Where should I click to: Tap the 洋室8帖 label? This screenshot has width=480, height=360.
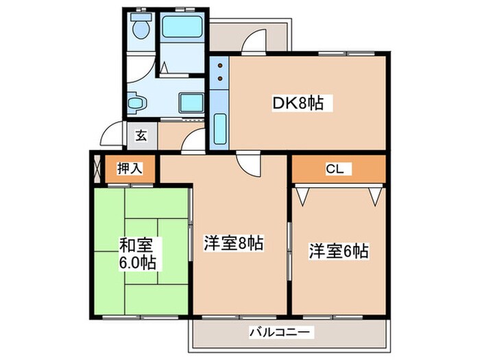click(x=234, y=243)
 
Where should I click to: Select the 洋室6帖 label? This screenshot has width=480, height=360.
click(x=338, y=250)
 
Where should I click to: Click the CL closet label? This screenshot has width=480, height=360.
click(x=335, y=167)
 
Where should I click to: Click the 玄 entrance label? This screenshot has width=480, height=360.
click(x=141, y=135)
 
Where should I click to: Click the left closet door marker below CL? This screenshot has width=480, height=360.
click(x=302, y=195)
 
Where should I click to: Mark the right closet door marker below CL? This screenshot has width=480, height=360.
click(x=375, y=195)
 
